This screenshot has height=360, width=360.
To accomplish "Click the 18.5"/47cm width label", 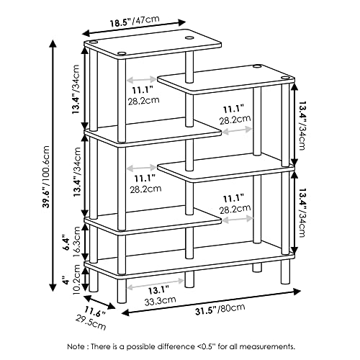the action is click(x=135, y=21).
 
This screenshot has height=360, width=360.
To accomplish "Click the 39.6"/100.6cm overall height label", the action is click(x=45, y=176).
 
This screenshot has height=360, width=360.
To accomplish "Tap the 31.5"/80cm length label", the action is click(x=220, y=310).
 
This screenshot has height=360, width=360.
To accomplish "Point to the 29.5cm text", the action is click(x=91, y=323).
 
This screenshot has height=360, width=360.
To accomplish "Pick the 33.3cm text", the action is click(x=160, y=300).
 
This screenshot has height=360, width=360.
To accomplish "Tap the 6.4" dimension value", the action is click(x=66, y=243).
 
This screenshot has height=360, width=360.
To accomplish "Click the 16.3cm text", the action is click(x=77, y=242).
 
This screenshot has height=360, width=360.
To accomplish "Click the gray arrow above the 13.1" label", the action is click(x=156, y=283).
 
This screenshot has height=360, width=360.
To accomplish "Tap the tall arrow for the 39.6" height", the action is click(x=53, y=166).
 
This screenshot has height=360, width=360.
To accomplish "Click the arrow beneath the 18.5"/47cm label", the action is click(x=134, y=28).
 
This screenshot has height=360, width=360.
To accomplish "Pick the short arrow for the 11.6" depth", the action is click(x=99, y=302).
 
